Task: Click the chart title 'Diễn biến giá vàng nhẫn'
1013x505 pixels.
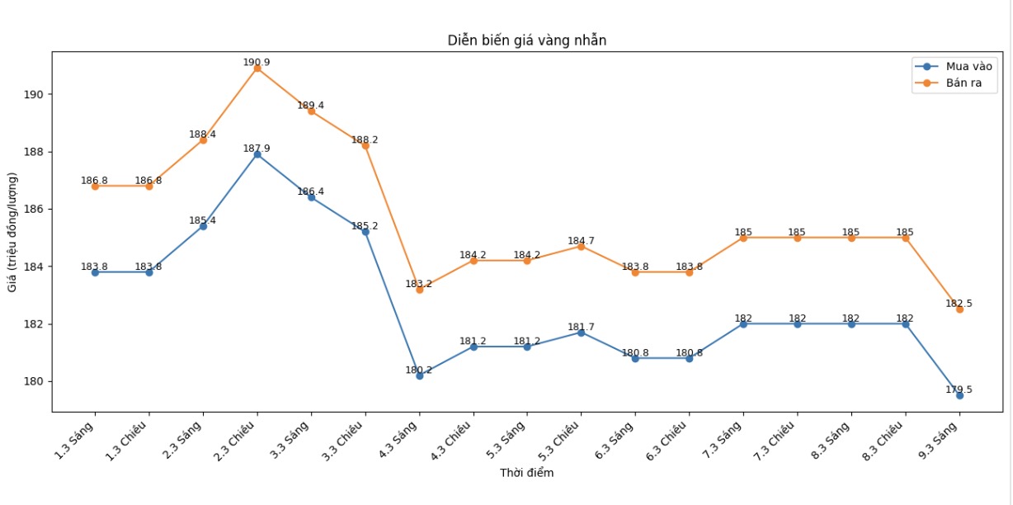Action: [527, 40]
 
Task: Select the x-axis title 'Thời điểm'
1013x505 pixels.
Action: [526, 473]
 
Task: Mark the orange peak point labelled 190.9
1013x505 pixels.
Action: [257, 68]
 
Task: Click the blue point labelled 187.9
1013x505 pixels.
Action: [257, 154]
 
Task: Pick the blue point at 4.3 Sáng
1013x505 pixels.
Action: [419, 375]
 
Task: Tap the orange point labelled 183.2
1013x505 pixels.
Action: [419, 290]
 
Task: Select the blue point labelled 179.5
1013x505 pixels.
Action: [959, 395]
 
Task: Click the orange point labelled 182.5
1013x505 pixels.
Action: [959, 309]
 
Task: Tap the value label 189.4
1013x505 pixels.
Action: [311, 106]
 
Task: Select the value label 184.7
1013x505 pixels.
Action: [581, 241]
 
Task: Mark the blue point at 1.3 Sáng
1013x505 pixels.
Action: [95, 272]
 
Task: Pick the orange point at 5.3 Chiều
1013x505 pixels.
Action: [581, 247]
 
